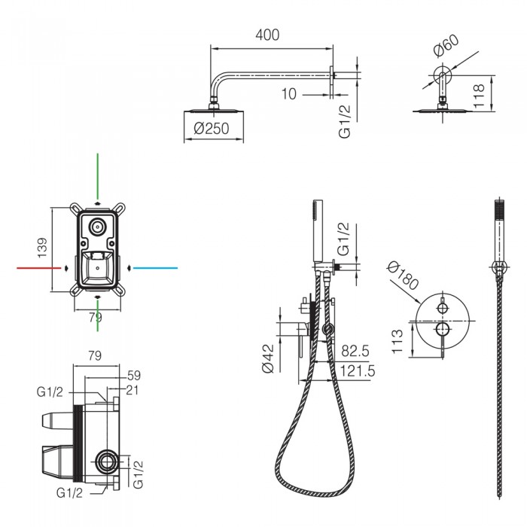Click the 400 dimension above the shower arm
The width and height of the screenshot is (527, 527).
267,35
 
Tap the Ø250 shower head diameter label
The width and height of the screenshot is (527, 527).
212,129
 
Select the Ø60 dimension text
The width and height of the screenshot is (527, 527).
446,45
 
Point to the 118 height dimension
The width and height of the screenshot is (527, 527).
479,96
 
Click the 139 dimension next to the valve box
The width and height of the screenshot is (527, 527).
42,248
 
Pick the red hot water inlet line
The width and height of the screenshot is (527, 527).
39,268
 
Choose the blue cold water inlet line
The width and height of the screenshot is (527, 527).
155,268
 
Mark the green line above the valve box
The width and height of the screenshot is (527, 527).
97,176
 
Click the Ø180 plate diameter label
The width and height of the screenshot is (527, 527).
403,276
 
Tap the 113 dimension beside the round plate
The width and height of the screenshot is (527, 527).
397,341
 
